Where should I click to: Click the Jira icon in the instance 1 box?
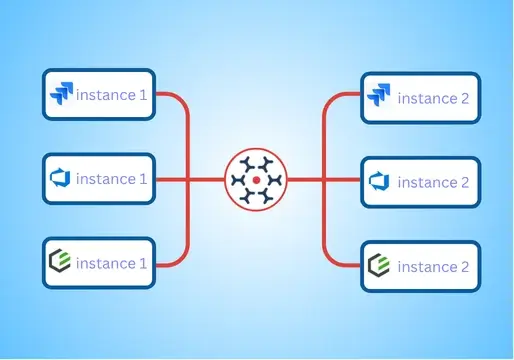click(61, 94)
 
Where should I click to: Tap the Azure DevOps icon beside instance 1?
click(61, 179)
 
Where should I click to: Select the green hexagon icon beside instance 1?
click(61, 264)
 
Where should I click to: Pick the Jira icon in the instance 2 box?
click(378, 97)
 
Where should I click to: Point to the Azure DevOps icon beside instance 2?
click(378, 181)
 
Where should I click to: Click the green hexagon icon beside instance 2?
click(378, 266)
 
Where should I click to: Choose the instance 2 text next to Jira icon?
click(433, 98)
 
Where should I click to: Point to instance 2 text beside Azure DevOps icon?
click(433, 182)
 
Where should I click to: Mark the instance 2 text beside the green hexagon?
click(433, 267)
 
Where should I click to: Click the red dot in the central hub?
click(256, 180)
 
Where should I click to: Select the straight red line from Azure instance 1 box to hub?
click(190, 180)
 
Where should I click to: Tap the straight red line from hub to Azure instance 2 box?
click(323, 180)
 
